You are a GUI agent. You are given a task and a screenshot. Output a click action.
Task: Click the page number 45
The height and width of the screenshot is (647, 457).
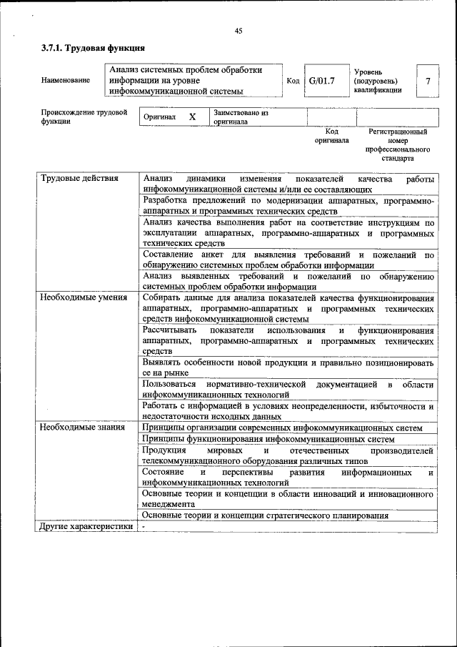pos(238,30)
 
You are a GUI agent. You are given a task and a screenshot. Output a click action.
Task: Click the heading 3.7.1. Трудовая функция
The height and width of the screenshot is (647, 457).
pos(93,49)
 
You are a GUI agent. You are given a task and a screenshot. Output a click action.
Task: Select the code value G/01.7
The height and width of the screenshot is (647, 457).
pos(322,81)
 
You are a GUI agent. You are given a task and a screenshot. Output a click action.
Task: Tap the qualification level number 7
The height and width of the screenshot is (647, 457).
pos(428,81)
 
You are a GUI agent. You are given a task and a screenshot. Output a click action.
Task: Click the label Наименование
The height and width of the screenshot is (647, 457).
pos(66,81)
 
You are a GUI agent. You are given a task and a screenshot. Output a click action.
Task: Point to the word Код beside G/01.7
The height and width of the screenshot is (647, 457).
pos(293,81)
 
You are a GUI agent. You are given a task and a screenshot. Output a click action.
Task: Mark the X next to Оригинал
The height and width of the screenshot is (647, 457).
pos(192,117)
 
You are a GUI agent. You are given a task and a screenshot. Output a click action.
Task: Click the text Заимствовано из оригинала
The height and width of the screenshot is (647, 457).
pos(241,117)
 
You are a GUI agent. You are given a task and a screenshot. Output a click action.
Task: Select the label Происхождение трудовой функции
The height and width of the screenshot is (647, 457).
pos(84,117)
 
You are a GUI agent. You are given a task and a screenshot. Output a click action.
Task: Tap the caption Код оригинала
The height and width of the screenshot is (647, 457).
pos(331,136)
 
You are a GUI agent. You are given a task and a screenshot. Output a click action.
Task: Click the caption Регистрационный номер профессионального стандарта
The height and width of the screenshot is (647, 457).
pos(397,145)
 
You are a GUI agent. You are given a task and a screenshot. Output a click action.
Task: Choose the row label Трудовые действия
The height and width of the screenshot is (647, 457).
pos(79,178)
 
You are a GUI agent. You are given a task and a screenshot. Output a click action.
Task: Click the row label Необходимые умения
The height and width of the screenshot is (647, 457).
pos(84,297)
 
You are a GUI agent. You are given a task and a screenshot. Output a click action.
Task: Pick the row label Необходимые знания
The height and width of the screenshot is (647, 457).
pos(82,428)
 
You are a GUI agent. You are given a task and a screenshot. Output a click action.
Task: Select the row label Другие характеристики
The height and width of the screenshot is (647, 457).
pos(86,527)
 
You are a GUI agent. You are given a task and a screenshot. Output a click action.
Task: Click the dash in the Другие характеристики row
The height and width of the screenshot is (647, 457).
pos(144,527)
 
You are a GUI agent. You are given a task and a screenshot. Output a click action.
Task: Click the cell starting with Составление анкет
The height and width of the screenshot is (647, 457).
pos(288,260)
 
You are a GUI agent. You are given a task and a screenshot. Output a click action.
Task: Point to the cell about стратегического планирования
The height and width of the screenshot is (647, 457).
pos(265,515)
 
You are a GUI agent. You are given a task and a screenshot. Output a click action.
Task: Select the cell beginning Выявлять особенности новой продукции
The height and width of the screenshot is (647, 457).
pos(288,367)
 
